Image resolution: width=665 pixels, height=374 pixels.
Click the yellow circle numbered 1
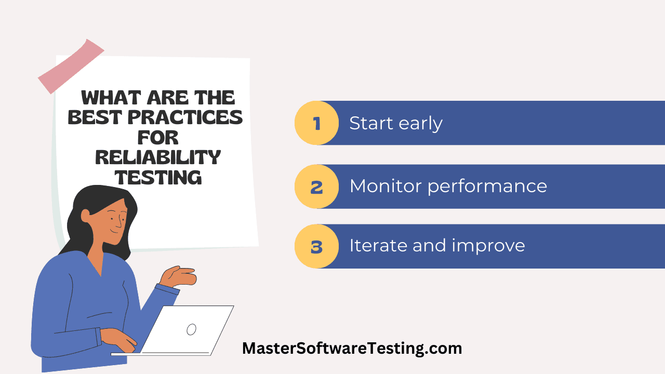tap(316, 123)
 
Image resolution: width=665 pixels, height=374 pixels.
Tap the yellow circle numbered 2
tap(316, 186)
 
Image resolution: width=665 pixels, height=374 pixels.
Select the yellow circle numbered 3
tap(316, 246)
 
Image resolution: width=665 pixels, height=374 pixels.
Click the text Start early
tap(396, 124)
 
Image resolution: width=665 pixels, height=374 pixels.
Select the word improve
tap(488, 246)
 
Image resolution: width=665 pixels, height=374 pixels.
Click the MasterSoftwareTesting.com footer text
tap(352, 349)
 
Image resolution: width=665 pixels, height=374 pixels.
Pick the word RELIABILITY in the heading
tap(158, 157)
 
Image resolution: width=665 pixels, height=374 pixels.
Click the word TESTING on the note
tap(158, 178)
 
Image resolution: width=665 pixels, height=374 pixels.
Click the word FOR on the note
tap(158, 137)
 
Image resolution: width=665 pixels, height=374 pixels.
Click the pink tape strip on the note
tap(71, 66)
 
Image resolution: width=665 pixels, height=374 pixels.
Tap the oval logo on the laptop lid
tap(191, 329)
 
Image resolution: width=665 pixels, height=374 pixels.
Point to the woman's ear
tap(86, 216)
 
